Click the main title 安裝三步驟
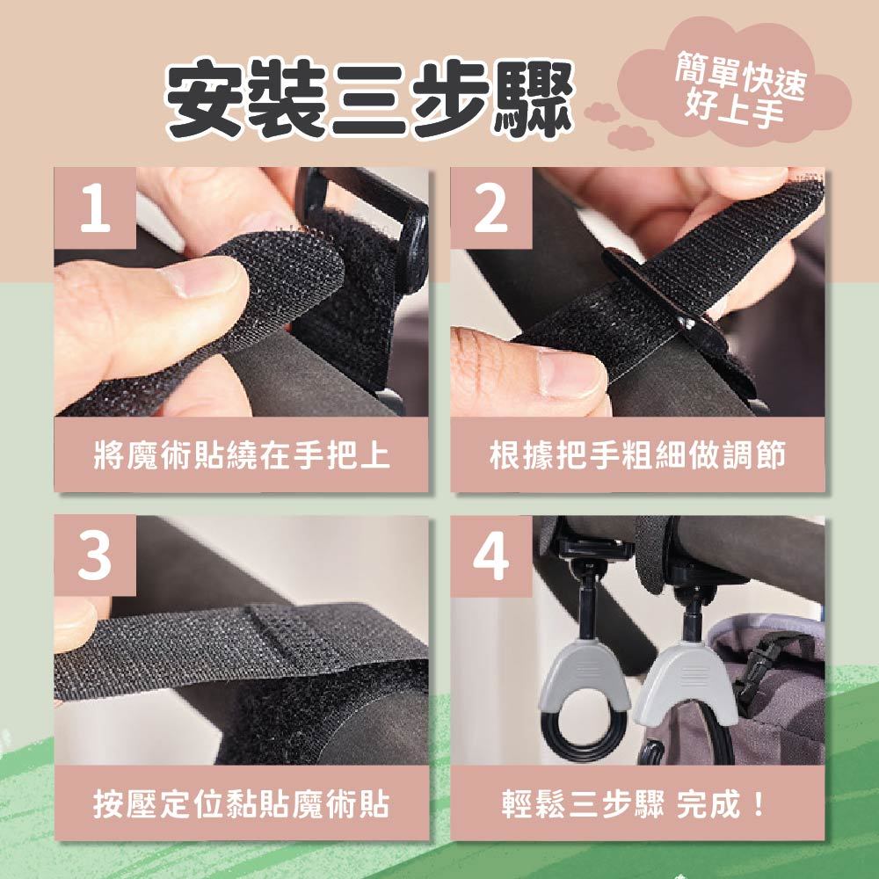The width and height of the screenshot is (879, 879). pos(370,100)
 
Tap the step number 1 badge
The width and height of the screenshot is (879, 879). pos(95,208)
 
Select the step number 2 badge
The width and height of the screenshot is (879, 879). pos(491,208)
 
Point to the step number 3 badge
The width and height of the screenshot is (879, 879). pos(95,556)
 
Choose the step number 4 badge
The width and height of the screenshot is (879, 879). pos(491,556)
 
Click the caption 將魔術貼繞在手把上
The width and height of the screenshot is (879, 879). pos(242,454)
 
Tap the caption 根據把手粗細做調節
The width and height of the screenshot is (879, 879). pos(637,454)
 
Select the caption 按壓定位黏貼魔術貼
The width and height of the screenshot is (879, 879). pos(242,804)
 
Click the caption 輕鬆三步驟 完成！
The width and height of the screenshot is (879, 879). pos(634,804)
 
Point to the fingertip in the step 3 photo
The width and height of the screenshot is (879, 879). pos(76,623)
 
